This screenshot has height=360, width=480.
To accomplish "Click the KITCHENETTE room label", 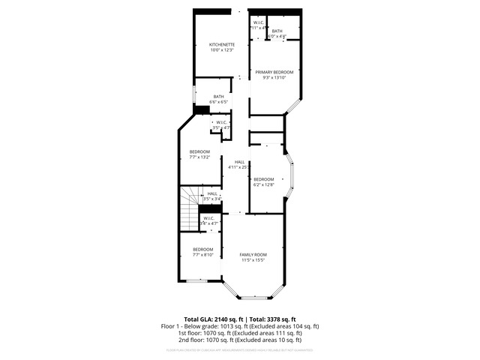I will (x=221, y=44).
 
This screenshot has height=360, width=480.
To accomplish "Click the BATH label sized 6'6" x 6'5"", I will (x=218, y=96).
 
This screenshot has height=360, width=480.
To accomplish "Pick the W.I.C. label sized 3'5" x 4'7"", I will (x=222, y=122).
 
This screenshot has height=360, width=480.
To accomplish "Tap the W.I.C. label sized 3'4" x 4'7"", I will (x=208, y=218).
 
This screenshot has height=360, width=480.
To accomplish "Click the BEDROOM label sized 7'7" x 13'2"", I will (x=199, y=151).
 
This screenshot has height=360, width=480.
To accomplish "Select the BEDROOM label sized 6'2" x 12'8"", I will (x=263, y=178).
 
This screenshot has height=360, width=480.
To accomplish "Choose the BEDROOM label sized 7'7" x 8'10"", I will (x=203, y=249).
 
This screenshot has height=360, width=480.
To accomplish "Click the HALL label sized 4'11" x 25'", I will (x=239, y=162).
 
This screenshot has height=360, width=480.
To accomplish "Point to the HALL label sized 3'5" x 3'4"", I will (x=212, y=193).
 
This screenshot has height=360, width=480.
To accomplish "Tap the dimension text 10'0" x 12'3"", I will (x=221, y=49).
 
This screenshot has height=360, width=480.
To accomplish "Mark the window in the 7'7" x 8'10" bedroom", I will (x=196, y=280).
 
